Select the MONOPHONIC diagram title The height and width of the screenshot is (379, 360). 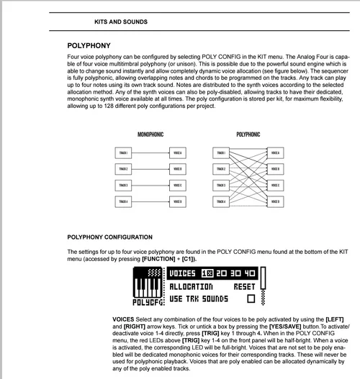[150, 134]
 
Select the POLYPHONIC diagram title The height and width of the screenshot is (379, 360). [248, 134]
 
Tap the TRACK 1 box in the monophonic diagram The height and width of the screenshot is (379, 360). [124, 153]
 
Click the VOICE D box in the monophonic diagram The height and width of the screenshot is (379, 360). [177, 201]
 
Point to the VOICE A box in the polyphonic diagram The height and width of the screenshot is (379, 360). [275, 153]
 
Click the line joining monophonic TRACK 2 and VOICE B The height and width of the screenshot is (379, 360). [150, 170]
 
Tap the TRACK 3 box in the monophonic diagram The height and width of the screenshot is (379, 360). [124, 186]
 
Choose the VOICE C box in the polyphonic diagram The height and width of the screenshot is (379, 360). [275, 186]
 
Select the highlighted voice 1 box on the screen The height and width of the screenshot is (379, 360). [207, 273]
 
